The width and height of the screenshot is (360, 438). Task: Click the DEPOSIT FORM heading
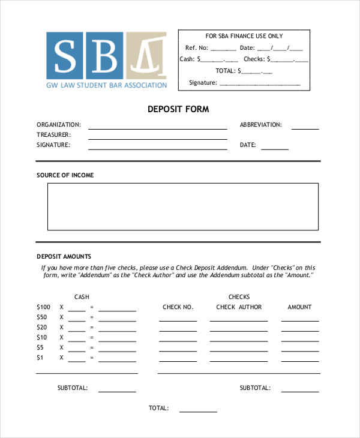point(178,110)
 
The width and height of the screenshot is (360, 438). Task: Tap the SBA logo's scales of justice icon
point(145,55)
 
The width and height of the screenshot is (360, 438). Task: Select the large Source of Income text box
point(183,206)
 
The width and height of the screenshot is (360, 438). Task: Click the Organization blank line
point(158,128)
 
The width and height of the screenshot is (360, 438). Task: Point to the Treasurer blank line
point(158,138)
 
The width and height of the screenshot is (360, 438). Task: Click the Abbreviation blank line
point(305,128)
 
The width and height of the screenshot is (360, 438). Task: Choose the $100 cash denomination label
point(44,307)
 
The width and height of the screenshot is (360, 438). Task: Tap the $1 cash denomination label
point(40,358)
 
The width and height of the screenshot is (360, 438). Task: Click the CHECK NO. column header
point(178,307)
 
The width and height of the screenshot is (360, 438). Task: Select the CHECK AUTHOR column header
point(239,307)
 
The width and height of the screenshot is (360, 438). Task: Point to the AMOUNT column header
point(299,307)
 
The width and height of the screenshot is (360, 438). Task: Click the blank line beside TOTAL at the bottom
point(198,411)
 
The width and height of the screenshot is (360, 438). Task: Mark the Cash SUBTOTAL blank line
point(117,391)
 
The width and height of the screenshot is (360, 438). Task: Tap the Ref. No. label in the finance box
point(196,48)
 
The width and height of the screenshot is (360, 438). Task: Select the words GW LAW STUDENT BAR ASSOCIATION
point(107,85)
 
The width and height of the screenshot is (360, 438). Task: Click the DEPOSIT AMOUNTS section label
point(64,256)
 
